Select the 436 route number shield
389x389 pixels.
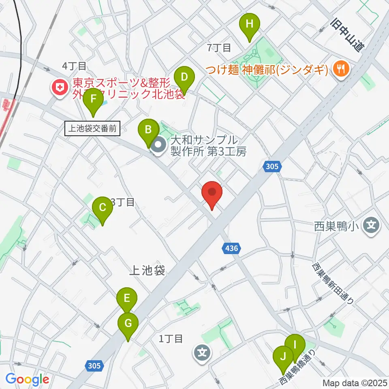(x=230, y=248)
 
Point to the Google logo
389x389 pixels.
(x=28, y=379)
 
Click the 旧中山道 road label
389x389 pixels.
(x=348, y=34)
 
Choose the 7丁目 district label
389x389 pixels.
(x=219, y=48)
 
